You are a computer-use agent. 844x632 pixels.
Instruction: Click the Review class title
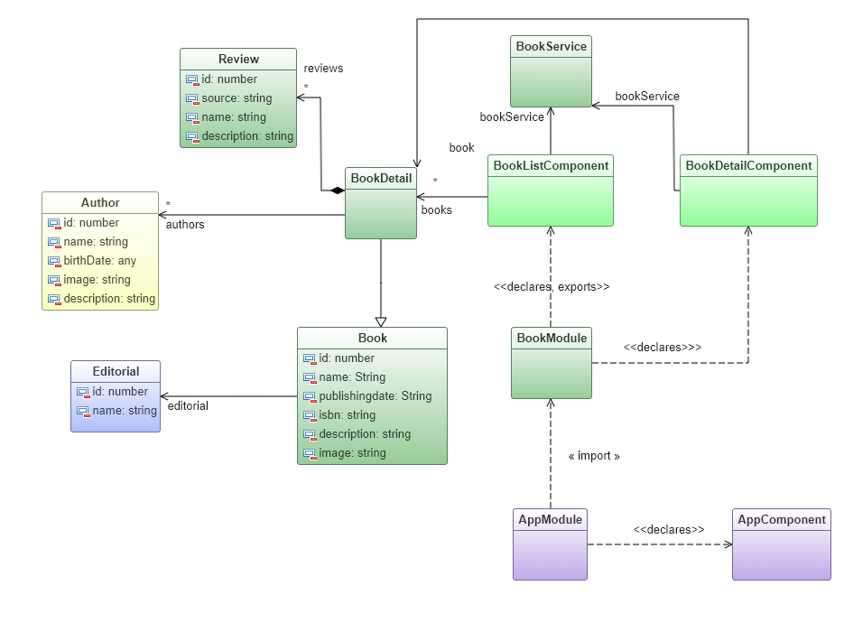click(238, 60)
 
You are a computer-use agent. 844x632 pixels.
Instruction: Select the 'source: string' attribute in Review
click(237, 98)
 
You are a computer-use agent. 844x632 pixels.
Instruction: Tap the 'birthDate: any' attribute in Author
click(99, 261)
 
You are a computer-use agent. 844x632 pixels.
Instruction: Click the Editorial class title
click(116, 371)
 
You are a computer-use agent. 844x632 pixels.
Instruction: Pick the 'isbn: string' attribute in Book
click(347, 415)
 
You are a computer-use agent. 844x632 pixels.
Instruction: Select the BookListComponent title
click(551, 165)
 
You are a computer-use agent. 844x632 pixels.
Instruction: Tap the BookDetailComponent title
click(748, 165)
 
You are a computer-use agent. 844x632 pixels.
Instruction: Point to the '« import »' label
click(594, 457)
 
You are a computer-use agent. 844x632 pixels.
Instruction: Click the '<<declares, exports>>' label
click(551, 287)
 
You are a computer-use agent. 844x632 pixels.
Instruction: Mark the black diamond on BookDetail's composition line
click(337, 191)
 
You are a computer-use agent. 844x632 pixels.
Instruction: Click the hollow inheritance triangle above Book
click(381, 321)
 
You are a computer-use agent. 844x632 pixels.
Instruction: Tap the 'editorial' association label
click(188, 406)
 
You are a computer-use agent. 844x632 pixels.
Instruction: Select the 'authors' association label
click(185, 225)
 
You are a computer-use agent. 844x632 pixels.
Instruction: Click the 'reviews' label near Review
click(323, 69)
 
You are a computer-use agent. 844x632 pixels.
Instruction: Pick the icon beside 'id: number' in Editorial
click(83, 393)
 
